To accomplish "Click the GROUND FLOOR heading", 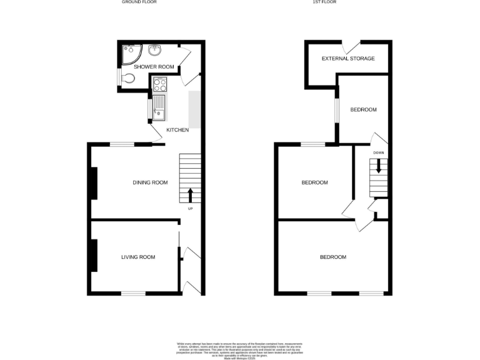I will tap(139, 2).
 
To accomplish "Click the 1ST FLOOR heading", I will tap(325, 2).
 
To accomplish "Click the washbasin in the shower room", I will tap(154, 51).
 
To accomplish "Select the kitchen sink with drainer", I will tap(159, 107).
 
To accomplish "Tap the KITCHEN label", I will tap(177, 130).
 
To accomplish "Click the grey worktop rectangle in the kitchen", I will tap(194, 109).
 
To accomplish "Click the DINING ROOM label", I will tap(150, 182).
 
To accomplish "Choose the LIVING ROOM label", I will tap(138, 257).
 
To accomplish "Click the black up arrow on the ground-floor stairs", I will tap(191, 194).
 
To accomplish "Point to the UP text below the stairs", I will tap(190, 208).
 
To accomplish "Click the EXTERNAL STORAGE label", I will tap(348, 58).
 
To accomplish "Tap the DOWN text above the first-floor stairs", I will tap(378, 152).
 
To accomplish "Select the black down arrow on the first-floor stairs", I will tap(377, 167).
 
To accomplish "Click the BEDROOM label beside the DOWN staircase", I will tap(314, 182).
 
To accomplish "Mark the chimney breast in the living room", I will tap(94, 256).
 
